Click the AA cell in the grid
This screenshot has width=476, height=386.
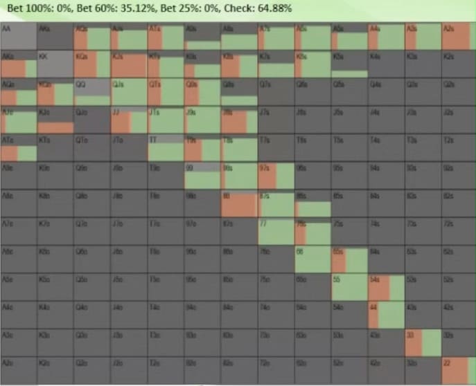pos(19,36)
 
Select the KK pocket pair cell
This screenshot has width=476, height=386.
pos(55,64)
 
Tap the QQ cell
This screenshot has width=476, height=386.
pos(91,91)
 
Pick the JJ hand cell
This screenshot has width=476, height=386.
pos(128,119)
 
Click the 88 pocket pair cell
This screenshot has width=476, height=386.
pos(238,203)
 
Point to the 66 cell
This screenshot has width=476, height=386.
pos(312,259)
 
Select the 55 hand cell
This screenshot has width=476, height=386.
pos(349,287)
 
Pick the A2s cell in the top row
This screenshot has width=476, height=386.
pos(458,36)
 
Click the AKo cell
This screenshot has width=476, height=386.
pos(19,64)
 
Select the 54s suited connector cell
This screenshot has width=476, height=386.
pos(385,287)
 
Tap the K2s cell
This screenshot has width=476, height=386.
pos(458,64)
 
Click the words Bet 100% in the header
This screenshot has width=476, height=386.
pos(25,8)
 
